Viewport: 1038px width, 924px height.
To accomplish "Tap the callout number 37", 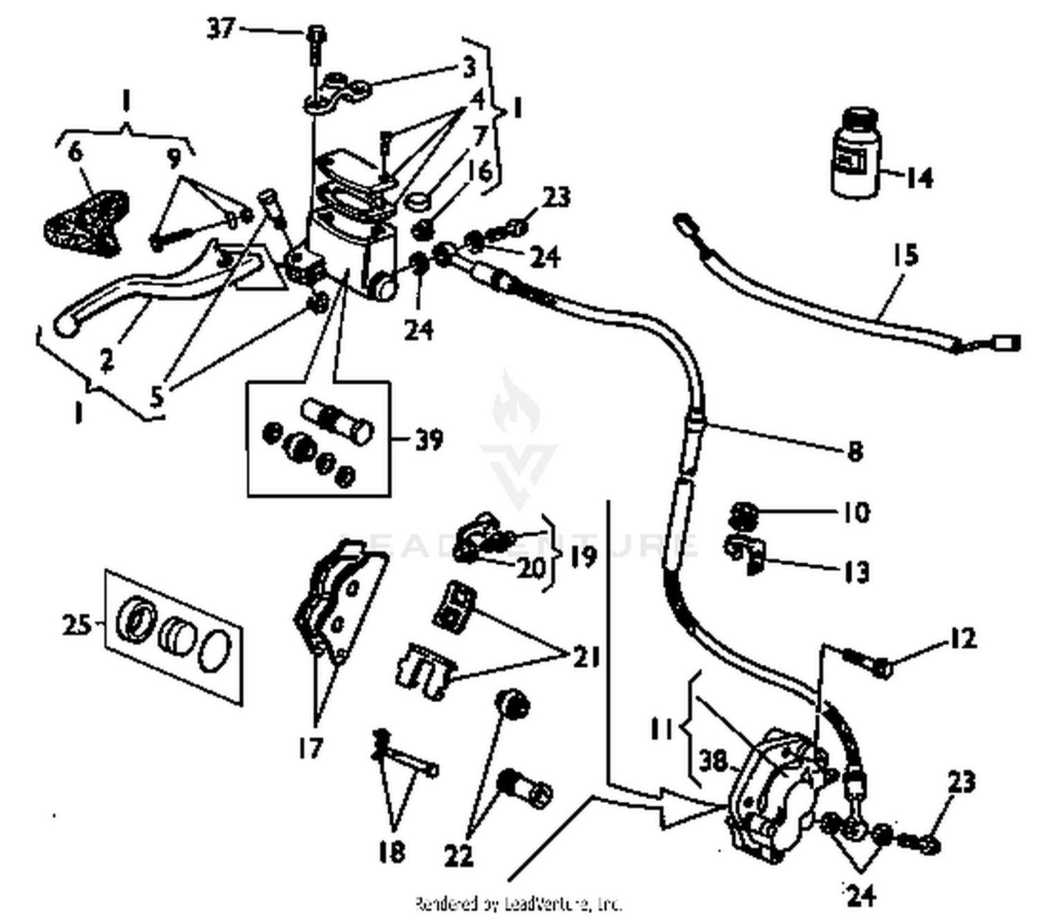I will tap(221, 28).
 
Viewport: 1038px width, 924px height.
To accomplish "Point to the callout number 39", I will tap(428, 440).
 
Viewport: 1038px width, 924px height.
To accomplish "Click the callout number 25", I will tap(77, 624).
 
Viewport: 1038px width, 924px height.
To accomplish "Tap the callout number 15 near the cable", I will tap(905, 255).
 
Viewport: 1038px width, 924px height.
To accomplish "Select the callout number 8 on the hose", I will tap(855, 451).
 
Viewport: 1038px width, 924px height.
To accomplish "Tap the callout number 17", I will tap(311, 748).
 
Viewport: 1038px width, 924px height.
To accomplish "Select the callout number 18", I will tap(392, 851).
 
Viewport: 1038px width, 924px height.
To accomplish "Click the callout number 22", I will tap(458, 856).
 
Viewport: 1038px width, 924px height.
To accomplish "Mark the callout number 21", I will tap(585, 657).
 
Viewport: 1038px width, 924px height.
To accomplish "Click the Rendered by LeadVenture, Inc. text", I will tap(518, 903).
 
